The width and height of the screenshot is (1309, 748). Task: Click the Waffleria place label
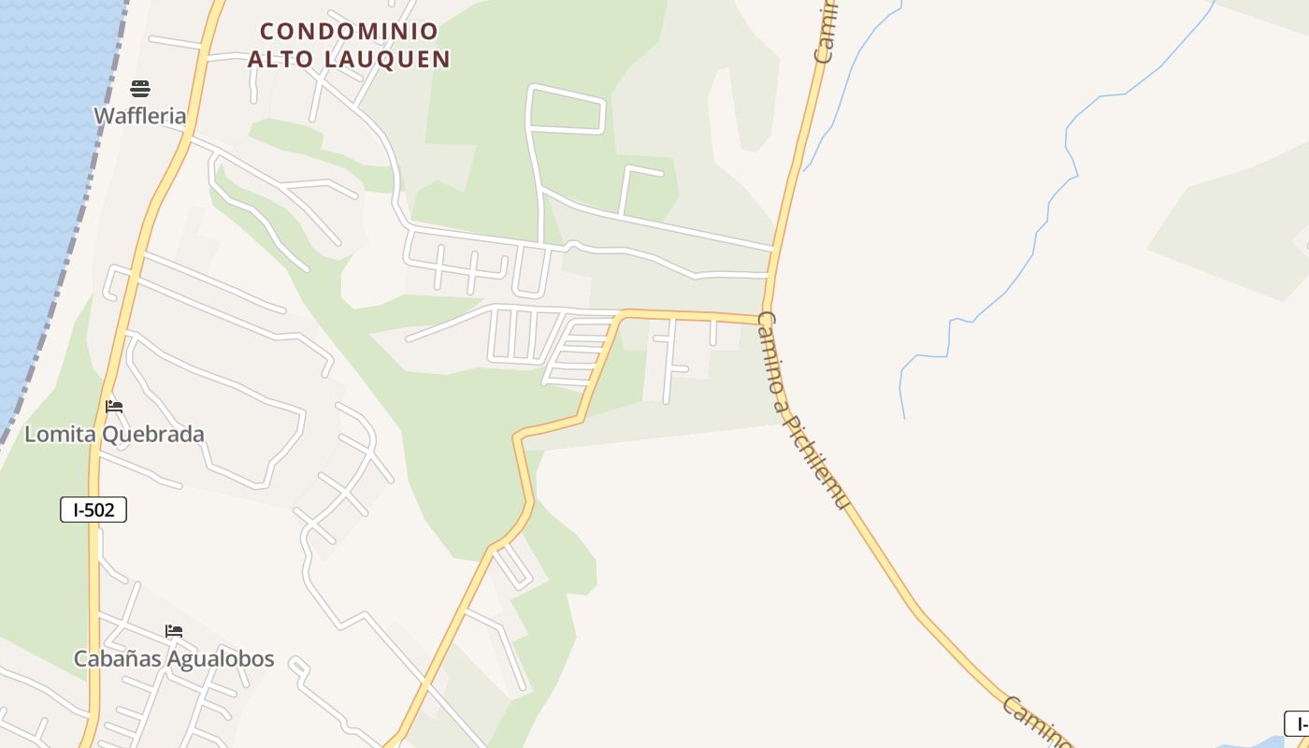pos(140,116)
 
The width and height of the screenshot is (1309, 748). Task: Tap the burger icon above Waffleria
pos(140,89)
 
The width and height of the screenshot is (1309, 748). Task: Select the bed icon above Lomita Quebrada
pos(114,407)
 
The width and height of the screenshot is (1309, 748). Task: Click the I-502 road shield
pos(93,510)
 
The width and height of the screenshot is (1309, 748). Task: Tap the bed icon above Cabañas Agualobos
pos(174,631)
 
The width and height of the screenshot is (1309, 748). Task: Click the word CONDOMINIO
pos(349,32)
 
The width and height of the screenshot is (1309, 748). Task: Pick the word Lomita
pos(55,435)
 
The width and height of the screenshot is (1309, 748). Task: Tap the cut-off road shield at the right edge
pos(1298,723)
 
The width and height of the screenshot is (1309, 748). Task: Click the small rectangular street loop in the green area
pos(567,109)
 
